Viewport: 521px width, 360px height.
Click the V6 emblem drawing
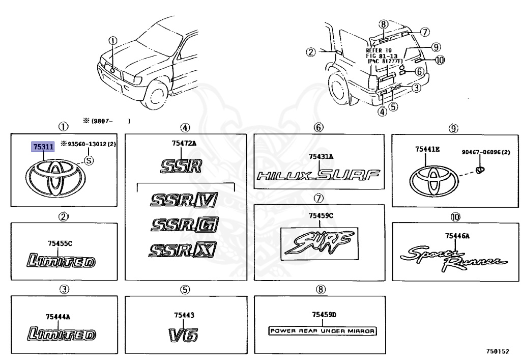click(x=183, y=335)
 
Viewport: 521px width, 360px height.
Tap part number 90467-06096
click(x=486, y=152)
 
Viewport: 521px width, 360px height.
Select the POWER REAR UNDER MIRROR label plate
click(x=322, y=330)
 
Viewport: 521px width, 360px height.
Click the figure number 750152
click(x=497, y=351)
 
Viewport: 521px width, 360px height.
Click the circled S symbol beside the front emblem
click(x=88, y=160)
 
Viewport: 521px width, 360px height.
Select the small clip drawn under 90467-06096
click(x=479, y=169)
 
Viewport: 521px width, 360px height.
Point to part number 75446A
click(x=456, y=235)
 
